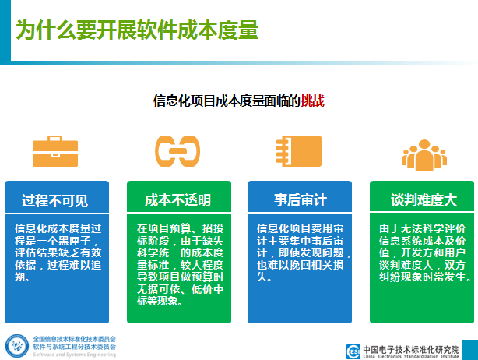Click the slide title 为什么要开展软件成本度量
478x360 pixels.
click(x=137, y=30)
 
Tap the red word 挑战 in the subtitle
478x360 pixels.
click(x=312, y=101)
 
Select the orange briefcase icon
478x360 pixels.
click(x=55, y=151)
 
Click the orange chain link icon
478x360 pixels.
click(x=177, y=151)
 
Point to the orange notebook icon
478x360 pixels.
click(x=299, y=151)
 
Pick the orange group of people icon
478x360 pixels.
click(x=424, y=155)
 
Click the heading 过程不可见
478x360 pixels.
click(x=54, y=201)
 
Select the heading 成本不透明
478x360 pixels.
click(x=177, y=200)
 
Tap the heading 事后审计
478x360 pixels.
click(x=301, y=200)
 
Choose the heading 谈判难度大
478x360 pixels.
click(x=424, y=200)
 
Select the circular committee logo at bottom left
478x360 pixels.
click(x=17, y=346)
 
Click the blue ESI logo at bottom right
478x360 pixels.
click(x=353, y=351)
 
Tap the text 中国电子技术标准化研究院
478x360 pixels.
click(x=411, y=349)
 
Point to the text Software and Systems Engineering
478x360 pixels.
click(x=75, y=355)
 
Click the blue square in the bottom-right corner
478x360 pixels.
click(x=470, y=350)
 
